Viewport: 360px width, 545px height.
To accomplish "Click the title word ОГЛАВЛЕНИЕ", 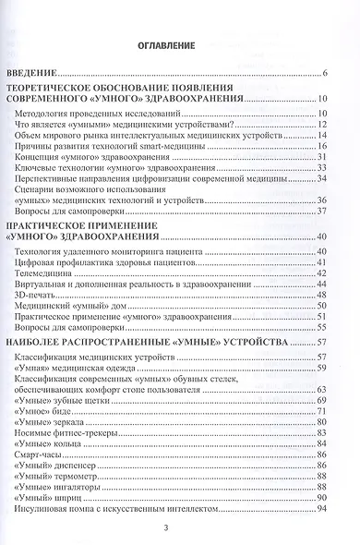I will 179,44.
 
